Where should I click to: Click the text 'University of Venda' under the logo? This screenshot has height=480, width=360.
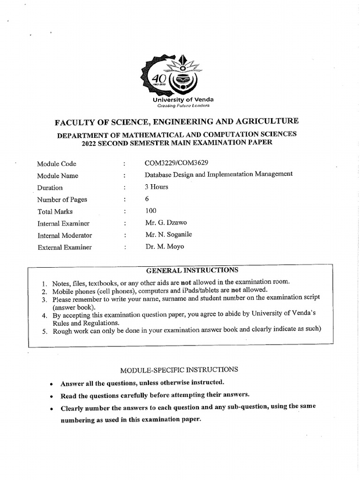[x=183, y=99]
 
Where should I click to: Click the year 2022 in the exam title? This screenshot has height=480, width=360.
[x=90, y=143]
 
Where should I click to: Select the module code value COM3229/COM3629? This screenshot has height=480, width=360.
[x=177, y=163]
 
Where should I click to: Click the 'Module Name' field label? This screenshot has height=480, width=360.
[x=58, y=176]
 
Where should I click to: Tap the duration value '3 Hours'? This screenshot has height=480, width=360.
[x=157, y=187]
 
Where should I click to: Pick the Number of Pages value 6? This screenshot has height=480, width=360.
[x=147, y=199]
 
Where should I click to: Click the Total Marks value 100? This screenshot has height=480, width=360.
[x=151, y=211]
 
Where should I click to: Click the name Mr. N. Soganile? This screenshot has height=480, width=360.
[x=168, y=234]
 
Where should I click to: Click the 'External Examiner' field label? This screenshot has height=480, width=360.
[x=65, y=247]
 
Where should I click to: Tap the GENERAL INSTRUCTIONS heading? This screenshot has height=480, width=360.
[x=192, y=270]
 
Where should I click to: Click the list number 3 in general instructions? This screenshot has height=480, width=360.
[x=43, y=300]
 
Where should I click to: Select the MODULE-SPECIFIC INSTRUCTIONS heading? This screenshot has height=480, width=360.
[x=179, y=369]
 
